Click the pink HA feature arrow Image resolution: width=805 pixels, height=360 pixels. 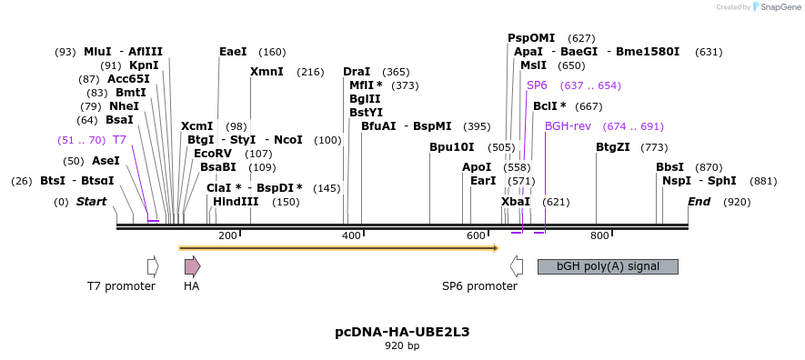point(192,265)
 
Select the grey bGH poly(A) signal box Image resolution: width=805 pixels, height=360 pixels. point(608,266)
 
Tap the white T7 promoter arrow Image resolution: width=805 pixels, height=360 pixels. point(153,265)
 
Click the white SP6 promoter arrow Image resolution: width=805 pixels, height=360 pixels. point(517,265)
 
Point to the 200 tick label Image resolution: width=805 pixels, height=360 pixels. point(227,236)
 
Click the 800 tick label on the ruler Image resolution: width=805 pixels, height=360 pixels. point(599,236)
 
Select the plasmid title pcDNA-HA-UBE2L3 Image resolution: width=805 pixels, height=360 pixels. point(402,332)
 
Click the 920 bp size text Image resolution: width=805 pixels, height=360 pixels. point(402,346)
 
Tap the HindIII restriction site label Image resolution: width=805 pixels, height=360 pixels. point(236,202)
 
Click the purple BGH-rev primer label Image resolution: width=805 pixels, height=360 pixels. point(569,126)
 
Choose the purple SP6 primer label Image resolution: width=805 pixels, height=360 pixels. point(537,85)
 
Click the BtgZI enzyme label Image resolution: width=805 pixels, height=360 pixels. point(613,147)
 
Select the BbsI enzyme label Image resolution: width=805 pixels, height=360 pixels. point(669,167)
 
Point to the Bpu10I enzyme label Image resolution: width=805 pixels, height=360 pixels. point(452,147)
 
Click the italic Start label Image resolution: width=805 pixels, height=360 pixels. point(91,202)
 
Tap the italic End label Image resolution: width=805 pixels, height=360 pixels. point(699,202)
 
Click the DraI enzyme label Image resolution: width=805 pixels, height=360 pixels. point(357,72)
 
